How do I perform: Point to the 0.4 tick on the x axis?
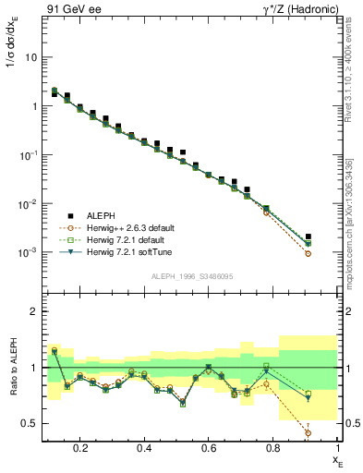144,447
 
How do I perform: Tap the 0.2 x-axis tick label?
80,447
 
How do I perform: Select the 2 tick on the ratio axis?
33,311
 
